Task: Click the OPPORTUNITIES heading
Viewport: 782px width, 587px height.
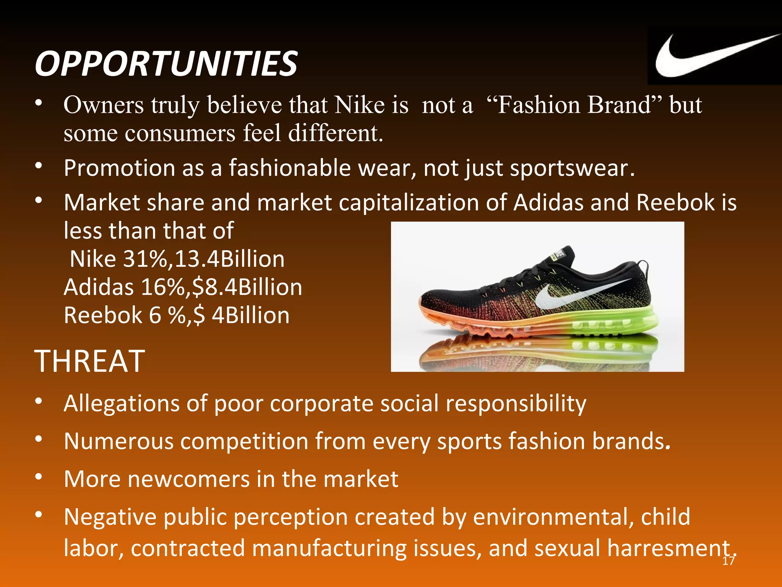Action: [166, 63]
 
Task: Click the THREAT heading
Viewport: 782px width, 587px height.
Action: [90, 361]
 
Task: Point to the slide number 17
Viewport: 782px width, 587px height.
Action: [729, 561]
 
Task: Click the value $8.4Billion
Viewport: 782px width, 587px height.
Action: [247, 287]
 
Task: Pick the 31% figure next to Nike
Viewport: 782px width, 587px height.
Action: [145, 259]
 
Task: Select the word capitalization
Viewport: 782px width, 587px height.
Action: [409, 202]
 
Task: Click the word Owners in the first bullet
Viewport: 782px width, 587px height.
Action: [103, 105]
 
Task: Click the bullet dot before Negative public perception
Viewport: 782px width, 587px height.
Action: [38, 515]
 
